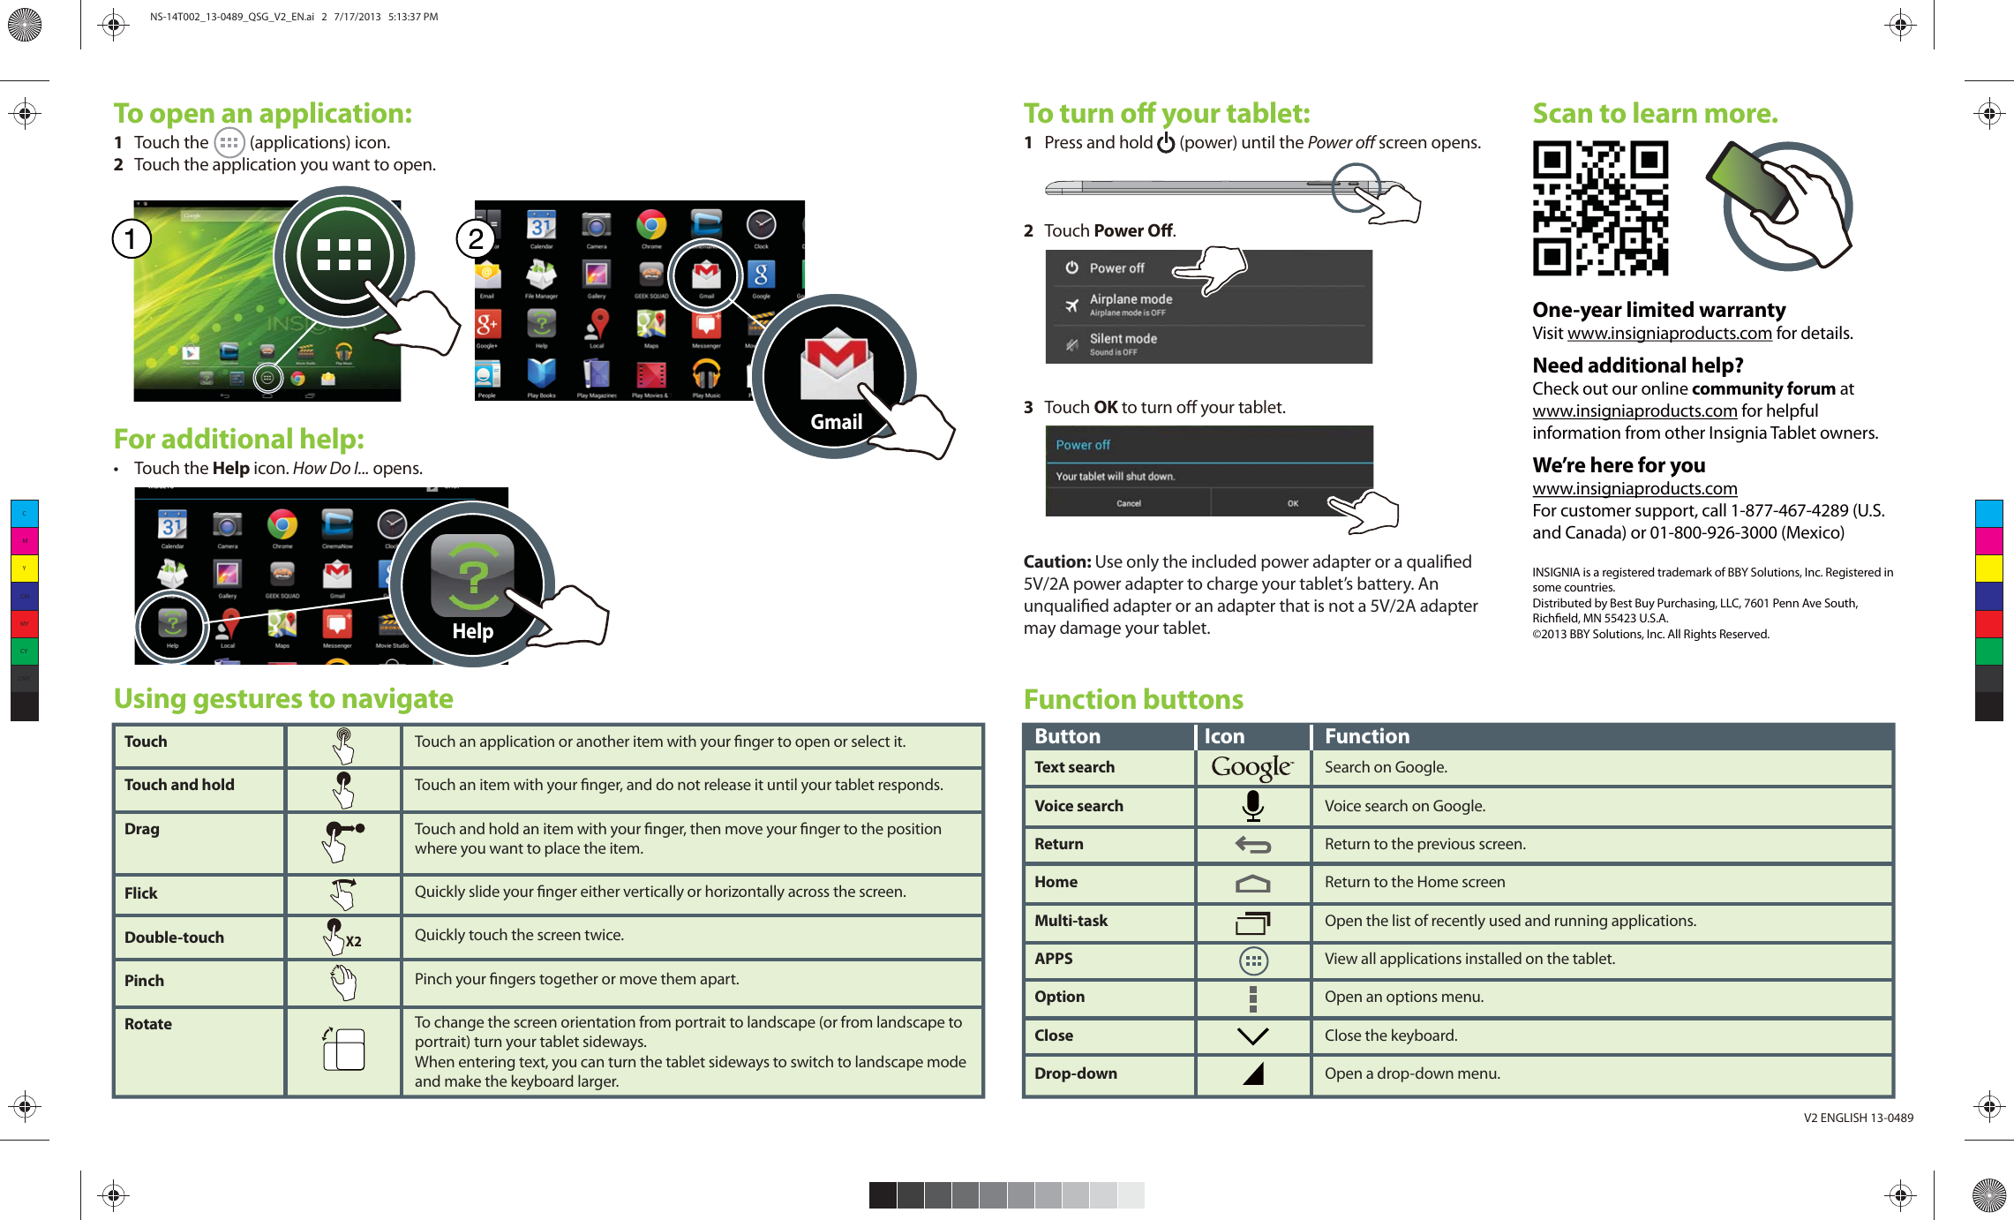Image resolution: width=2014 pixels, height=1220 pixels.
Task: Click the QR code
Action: [1600, 209]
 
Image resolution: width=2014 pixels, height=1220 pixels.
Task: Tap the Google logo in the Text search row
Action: [1251, 767]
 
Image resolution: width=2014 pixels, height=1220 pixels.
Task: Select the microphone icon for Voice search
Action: [1252, 806]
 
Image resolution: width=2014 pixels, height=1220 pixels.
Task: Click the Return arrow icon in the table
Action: [1252, 845]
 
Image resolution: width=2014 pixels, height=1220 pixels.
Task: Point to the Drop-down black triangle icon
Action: [1253, 1073]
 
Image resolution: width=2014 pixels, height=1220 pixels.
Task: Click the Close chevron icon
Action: [1252, 1035]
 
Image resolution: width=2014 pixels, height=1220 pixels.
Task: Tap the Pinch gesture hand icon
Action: [343, 982]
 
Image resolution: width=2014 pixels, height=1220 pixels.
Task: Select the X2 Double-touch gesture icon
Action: [343, 938]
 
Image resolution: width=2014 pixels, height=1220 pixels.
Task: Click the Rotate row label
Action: [148, 1024]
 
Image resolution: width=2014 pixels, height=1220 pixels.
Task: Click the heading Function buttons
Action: [1133, 699]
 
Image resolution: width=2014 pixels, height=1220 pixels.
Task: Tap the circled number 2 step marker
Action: [476, 239]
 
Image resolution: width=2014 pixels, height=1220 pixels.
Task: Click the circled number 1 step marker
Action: [132, 239]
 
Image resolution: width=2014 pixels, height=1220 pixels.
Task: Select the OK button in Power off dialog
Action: [1292, 503]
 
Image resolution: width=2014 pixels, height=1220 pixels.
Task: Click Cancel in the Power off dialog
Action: [1128, 503]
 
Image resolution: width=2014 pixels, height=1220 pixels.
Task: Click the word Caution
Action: [1056, 561]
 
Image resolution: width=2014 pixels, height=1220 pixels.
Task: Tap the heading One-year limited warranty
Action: [1658, 310]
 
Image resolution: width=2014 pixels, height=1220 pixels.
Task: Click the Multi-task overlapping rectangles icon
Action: [1252, 923]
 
